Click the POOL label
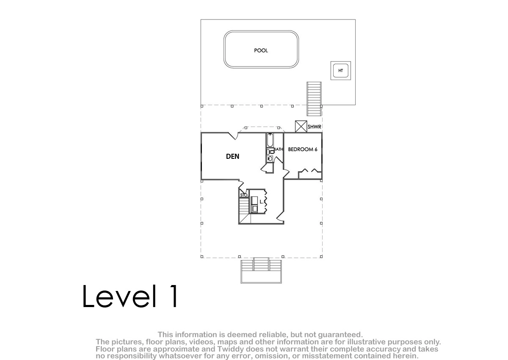tap(261, 50)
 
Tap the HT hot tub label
tap(340, 71)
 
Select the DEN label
tap(232, 156)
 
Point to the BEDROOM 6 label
tap(303, 149)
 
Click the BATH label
tap(278, 149)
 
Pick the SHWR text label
tap(314, 127)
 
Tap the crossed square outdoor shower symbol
tap(301, 126)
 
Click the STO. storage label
tap(244, 195)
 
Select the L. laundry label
tap(262, 202)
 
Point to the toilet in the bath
tap(271, 152)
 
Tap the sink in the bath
tap(270, 159)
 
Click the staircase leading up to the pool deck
tap(314, 99)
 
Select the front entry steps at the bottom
tap(261, 270)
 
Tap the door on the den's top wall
tap(233, 136)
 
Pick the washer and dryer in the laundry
tap(254, 205)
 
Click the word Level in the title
tap(119, 296)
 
